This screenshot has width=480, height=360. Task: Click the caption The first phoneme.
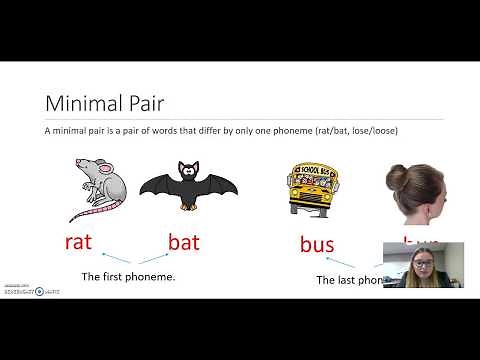(128, 276)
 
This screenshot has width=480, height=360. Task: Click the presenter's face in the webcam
(421, 263)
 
